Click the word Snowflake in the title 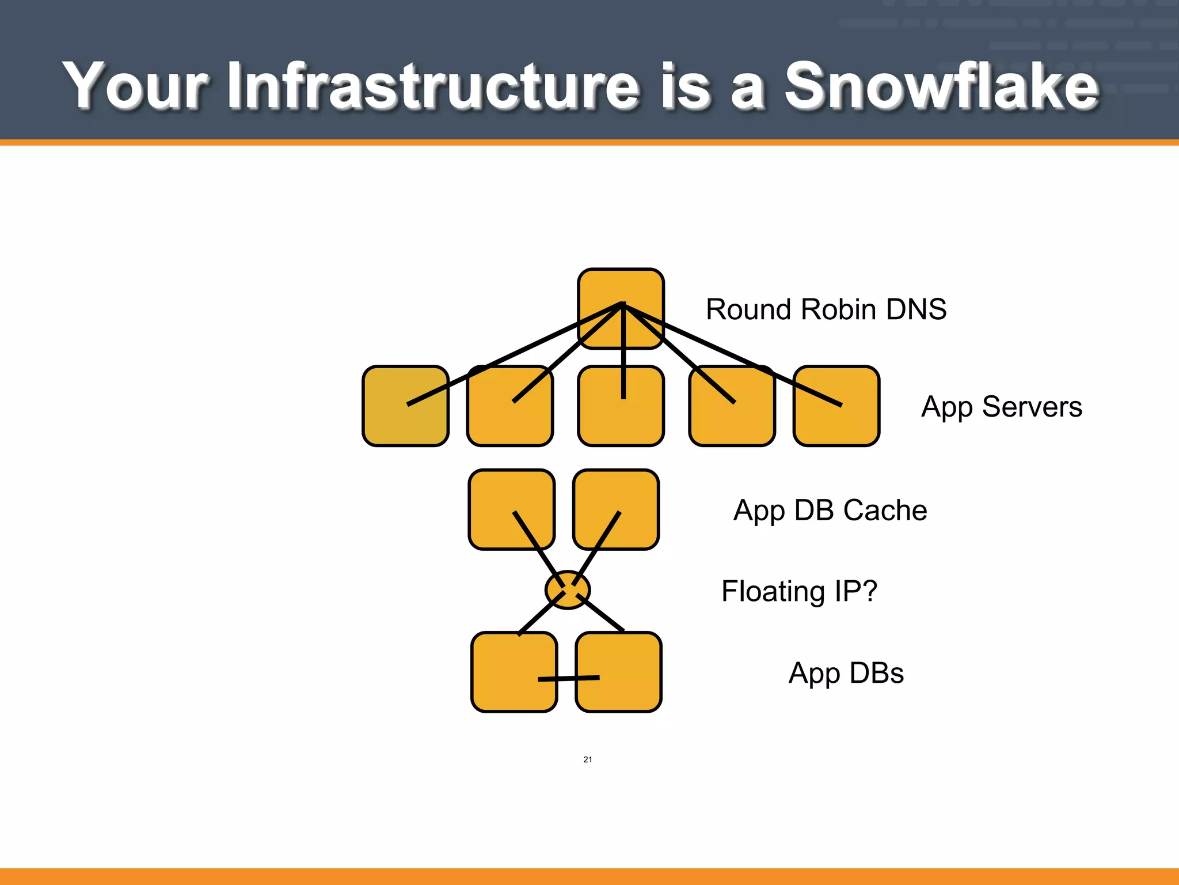pyautogui.click(x=942, y=86)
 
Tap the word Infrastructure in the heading pyautogui.click(x=433, y=86)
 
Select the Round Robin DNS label pyautogui.click(x=826, y=309)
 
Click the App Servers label pyautogui.click(x=1001, y=407)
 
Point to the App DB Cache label pyautogui.click(x=830, y=510)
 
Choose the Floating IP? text pyautogui.click(x=798, y=591)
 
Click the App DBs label pyautogui.click(x=846, y=673)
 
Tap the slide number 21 pyautogui.click(x=587, y=759)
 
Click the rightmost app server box pyautogui.click(x=846, y=426)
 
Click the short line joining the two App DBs pyautogui.click(x=568, y=678)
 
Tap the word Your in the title pyautogui.click(x=135, y=86)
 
